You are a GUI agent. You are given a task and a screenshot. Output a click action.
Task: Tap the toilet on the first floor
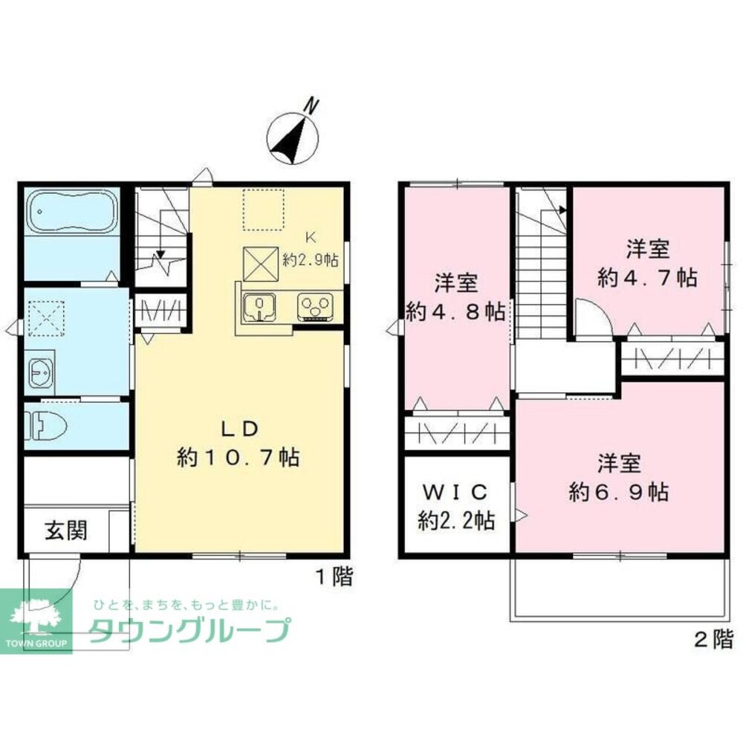(46, 427)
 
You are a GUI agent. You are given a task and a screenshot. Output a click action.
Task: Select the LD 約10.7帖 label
(238, 444)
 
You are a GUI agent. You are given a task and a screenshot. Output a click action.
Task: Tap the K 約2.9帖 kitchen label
(311, 250)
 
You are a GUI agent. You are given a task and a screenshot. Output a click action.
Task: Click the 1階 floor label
(332, 577)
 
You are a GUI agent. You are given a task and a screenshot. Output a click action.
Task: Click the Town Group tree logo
(36, 617)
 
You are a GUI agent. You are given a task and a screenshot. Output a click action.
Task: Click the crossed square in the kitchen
(262, 262)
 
